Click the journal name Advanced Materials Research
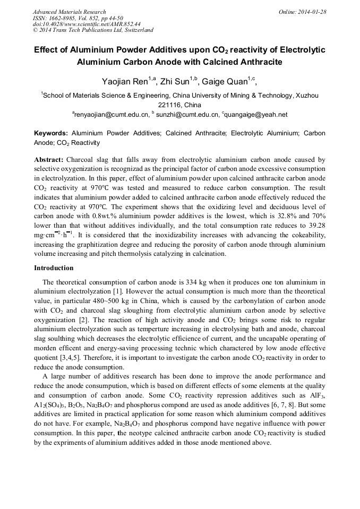coord(69,12)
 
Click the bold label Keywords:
coord(51,133)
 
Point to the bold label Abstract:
coord(49,160)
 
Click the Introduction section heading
coord(54,268)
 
